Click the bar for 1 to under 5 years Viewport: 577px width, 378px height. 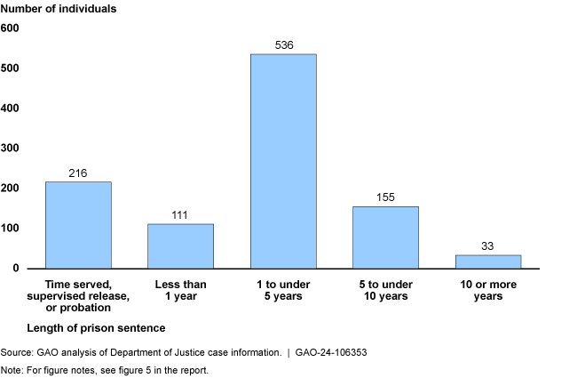point(283,161)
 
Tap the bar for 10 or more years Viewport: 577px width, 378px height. point(488,261)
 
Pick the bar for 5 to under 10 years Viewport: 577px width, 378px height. point(385,237)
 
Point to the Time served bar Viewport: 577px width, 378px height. point(78,225)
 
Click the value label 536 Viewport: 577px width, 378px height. point(283,45)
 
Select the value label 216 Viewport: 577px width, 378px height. point(78,173)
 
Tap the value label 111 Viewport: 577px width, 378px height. point(180,215)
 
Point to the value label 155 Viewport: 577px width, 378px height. point(385,197)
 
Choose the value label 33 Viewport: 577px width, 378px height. point(488,246)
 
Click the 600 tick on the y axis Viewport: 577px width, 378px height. point(10,28)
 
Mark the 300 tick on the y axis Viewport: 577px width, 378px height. point(10,149)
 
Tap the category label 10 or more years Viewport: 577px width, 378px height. point(488,290)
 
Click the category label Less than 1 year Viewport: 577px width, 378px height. point(180,290)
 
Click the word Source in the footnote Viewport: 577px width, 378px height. point(17,352)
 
